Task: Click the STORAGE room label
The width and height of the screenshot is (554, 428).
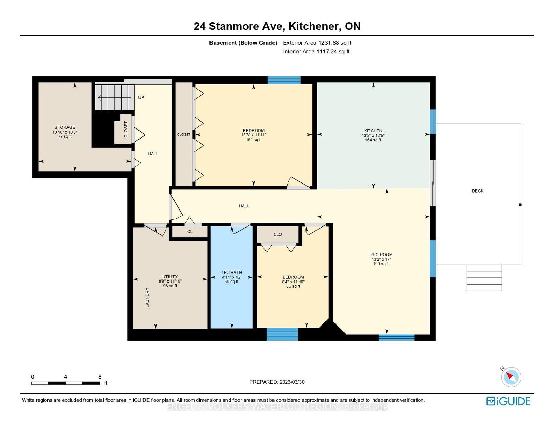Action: tap(65, 127)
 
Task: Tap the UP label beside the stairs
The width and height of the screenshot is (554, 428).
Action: tap(141, 98)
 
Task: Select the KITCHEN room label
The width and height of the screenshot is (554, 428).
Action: tap(373, 131)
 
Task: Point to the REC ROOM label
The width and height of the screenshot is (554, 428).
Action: tap(381, 255)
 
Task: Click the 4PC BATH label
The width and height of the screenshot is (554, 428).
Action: tap(232, 273)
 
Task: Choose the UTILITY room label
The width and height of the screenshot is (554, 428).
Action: tap(170, 277)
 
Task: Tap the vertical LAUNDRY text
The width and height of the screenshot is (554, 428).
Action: tap(147, 297)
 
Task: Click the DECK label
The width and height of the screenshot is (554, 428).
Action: tap(477, 191)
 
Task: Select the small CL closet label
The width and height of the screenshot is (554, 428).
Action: tap(190, 232)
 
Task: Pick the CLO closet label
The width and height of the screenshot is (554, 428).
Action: tap(277, 234)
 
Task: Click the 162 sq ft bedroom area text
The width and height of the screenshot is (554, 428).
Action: tap(253, 140)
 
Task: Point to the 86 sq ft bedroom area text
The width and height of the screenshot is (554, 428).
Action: tap(293, 286)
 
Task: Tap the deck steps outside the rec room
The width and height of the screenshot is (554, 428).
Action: tap(484, 278)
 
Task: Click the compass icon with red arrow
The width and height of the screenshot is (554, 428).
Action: tap(511, 377)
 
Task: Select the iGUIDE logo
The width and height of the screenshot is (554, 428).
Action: tap(508, 401)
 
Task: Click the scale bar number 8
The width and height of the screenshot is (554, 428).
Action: tap(100, 377)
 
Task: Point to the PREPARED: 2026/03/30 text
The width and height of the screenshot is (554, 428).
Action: tap(277, 382)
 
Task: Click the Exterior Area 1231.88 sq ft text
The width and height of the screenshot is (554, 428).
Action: tap(317, 43)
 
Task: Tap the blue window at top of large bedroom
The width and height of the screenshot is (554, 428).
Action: tap(284, 80)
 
